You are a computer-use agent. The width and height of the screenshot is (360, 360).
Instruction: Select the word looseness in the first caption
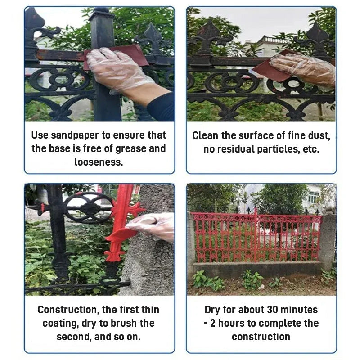[99, 162]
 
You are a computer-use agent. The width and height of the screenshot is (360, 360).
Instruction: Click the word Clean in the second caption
[205, 135]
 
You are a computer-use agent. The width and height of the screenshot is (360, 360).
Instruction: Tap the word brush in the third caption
[124, 323]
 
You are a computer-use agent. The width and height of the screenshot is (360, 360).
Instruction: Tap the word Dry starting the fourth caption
[212, 310]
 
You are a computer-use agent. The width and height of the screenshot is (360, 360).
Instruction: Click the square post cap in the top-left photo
[102, 14]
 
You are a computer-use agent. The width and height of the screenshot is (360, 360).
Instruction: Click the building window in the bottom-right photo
[314, 198]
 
